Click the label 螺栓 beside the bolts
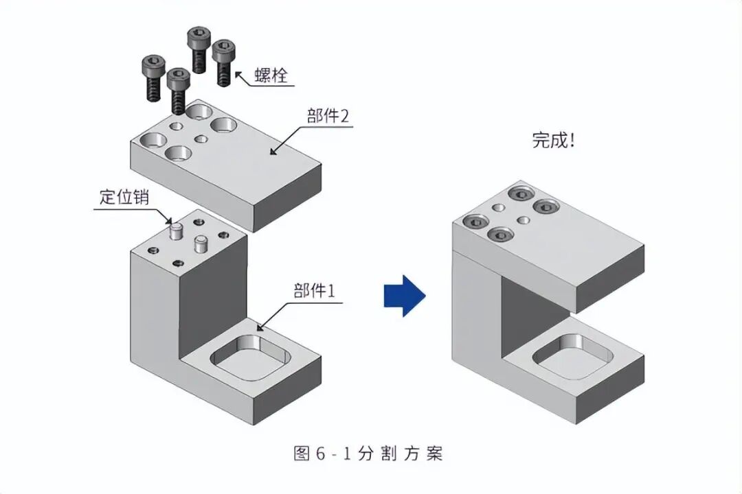pyautogui.click(x=271, y=75)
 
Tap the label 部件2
pyautogui.click(x=328, y=115)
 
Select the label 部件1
pyautogui.click(x=314, y=290)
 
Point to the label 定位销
pyautogui.click(x=124, y=197)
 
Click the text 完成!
pyautogui.click(x=552, y=141)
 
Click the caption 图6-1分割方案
pyautogui.click(x=368, y=454)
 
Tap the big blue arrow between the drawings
pyautogui.click(x=405, y=296)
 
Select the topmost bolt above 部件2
pyautogui.click(x=199, y=49)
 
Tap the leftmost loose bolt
pyautogui.click(x=153, y=78)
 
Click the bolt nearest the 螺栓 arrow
pyautogui.click(x=223, y=63)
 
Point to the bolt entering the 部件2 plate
pyautogui.click(x=178, y=91)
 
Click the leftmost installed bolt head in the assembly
pyautogui.click(x=475, y=222)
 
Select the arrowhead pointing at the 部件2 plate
pyautogui.click(x=273, y=151)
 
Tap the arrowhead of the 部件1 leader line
pyautogui.click(x=260, y=327)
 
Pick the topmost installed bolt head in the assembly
pyautogui.click(x=521, y=193)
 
